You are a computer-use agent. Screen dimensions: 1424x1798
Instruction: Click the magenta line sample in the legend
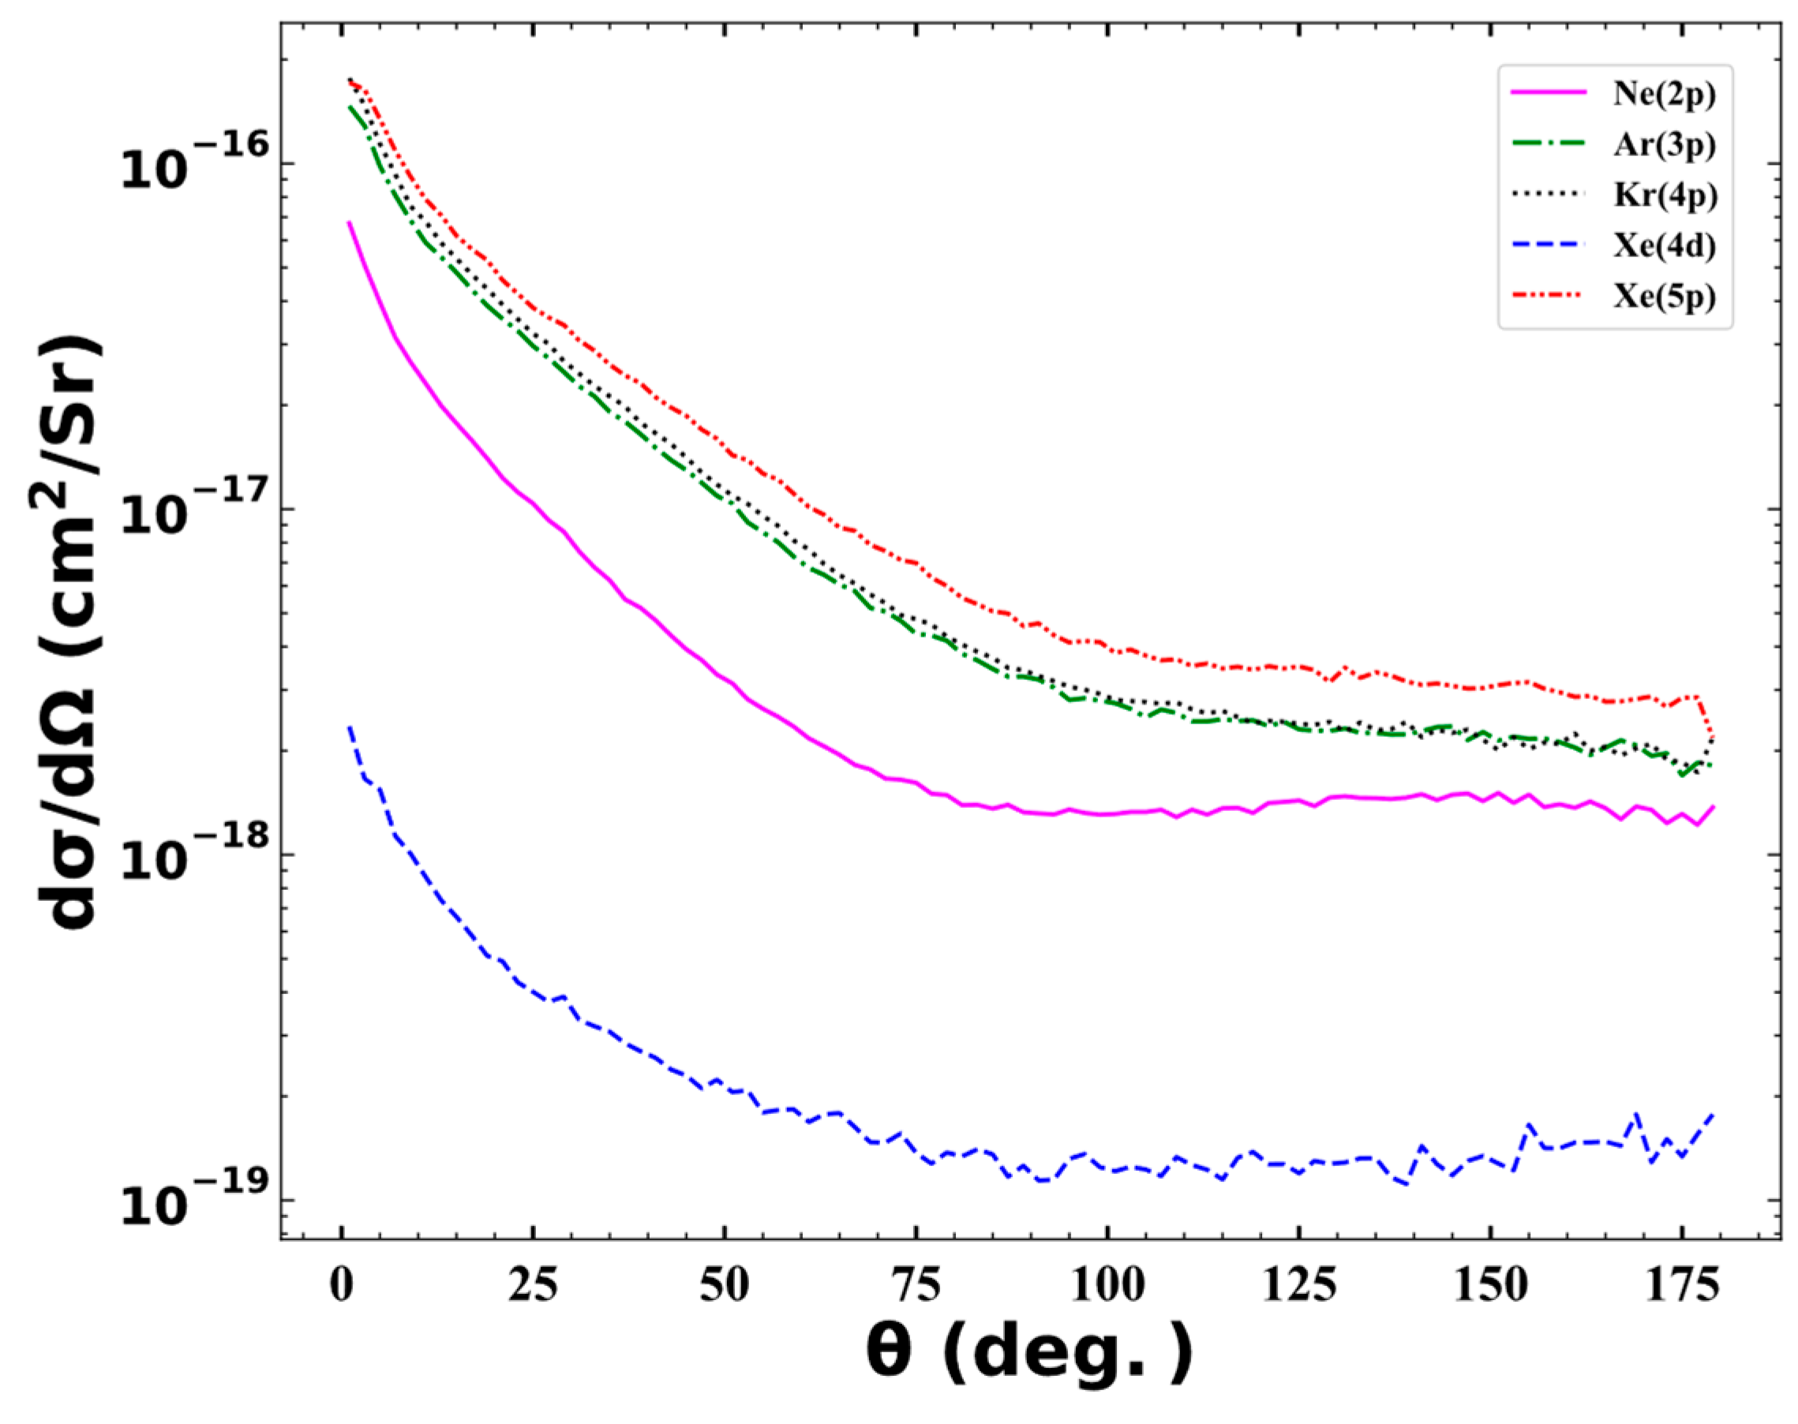pos(1549,93)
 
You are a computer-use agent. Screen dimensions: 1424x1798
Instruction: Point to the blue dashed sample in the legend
pos(1549,246)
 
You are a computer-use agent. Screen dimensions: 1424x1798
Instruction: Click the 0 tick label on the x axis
pos(342,1287)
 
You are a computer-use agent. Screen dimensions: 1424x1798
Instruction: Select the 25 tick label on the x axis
pos(533,1287)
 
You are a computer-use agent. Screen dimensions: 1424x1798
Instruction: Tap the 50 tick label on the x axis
pos(724,1287)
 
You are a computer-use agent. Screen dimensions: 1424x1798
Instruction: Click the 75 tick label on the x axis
pos(916,1287)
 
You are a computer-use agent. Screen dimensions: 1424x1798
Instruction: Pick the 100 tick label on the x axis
pos(1107,1287)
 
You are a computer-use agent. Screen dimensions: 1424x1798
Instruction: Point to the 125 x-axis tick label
pos(1298,1287)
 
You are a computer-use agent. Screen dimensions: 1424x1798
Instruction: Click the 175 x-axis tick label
pos(1681,1287)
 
